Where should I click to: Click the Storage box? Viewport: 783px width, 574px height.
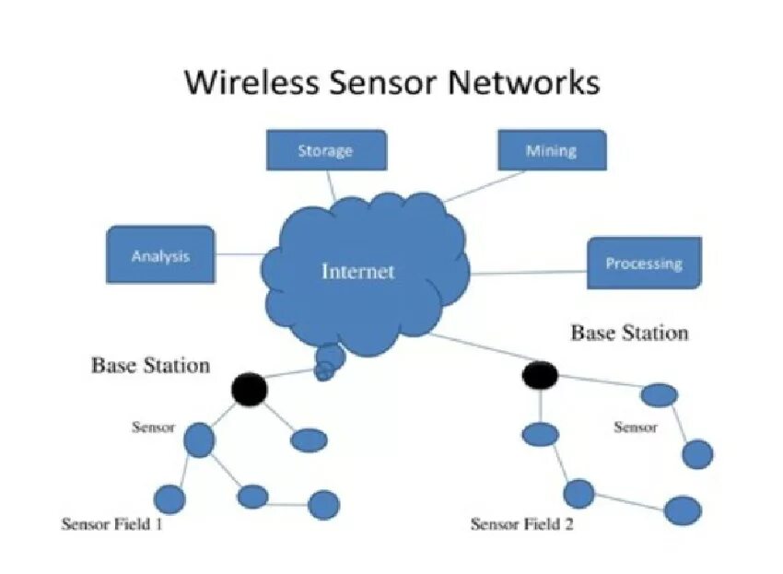(326, 150)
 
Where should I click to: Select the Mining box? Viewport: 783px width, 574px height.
(552, 150)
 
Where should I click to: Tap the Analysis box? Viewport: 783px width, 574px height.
(160, 255)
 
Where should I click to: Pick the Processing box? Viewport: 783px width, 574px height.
(644, 264)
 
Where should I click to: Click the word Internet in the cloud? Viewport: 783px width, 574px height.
(357, 271)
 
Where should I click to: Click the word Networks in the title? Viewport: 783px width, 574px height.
(525, 82)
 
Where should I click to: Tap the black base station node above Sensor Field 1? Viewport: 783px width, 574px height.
(248, 389)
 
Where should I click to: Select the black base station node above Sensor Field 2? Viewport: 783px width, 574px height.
(540, 375)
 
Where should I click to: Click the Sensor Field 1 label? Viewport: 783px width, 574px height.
(112, 524)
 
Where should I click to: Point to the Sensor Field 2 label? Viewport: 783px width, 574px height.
(521, 524)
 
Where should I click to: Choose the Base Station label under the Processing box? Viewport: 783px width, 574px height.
(630, 333)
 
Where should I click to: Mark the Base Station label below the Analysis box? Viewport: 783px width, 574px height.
(150, 366)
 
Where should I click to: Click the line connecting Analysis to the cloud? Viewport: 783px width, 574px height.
(240, 254)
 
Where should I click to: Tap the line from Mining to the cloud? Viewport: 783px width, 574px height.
(474, 186)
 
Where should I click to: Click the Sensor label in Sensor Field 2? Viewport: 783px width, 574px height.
(636, 428)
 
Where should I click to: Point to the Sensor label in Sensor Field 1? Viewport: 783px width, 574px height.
(153, 428)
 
